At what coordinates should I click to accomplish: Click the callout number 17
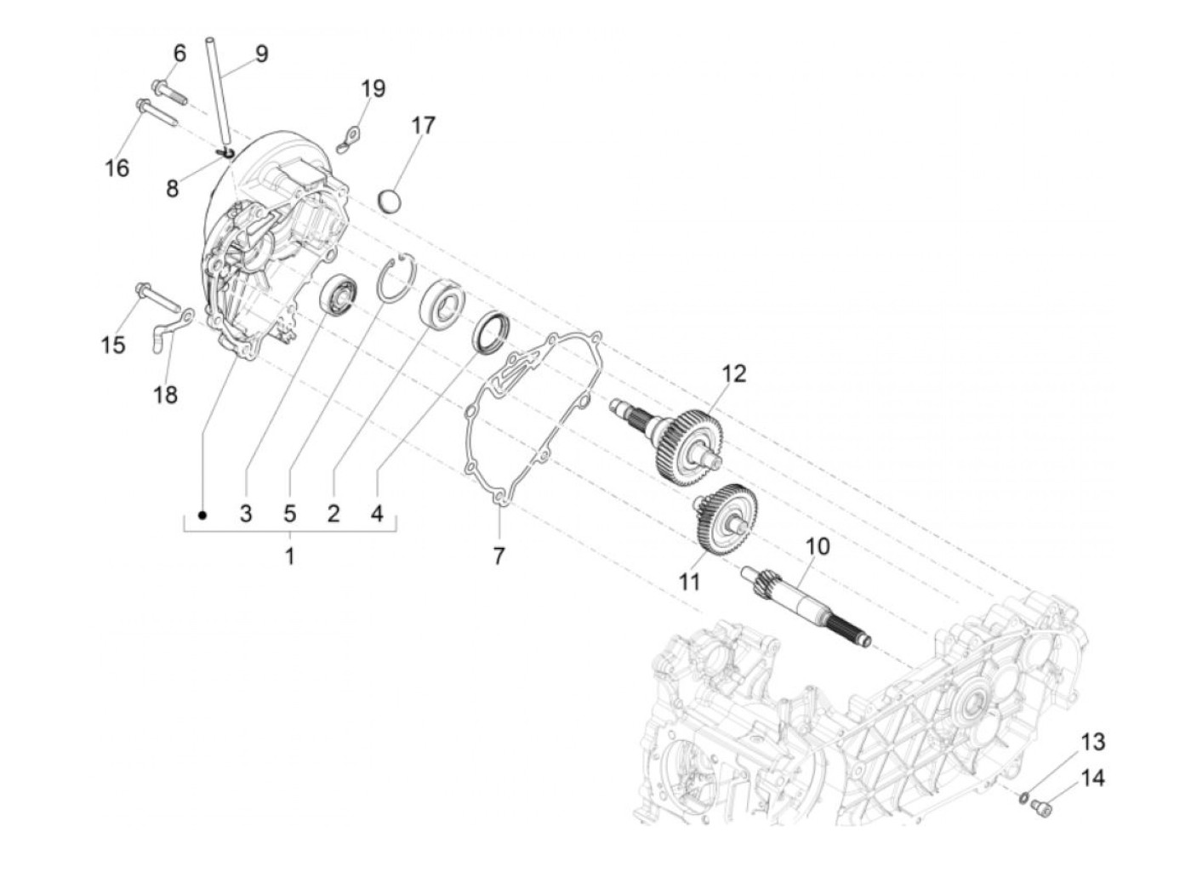[x=423, y=125]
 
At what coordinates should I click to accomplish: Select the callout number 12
[x=733, y=373]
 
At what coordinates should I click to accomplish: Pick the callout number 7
[x=499, y=556]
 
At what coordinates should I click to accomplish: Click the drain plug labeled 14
[x=1041, y=805]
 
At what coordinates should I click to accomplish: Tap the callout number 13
[x=1093, y=742]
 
